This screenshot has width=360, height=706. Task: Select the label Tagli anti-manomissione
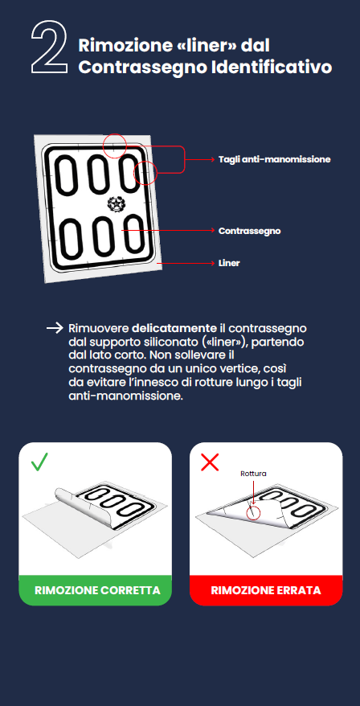point(275,159)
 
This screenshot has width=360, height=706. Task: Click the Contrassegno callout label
point(249,231)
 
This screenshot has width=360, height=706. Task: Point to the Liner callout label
point(229,263)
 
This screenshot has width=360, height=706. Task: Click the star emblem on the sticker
point(116,204)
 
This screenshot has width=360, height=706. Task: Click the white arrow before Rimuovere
point(55,328)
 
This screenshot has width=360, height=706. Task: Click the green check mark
point(39,462)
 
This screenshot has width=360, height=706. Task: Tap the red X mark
point(210,462)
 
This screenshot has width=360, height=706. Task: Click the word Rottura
point(253,474)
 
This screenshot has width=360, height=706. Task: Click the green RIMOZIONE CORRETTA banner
point(96,590)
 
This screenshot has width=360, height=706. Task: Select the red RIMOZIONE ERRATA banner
point(266,590)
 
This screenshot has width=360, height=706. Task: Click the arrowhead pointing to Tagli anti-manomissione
point(213,159)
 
